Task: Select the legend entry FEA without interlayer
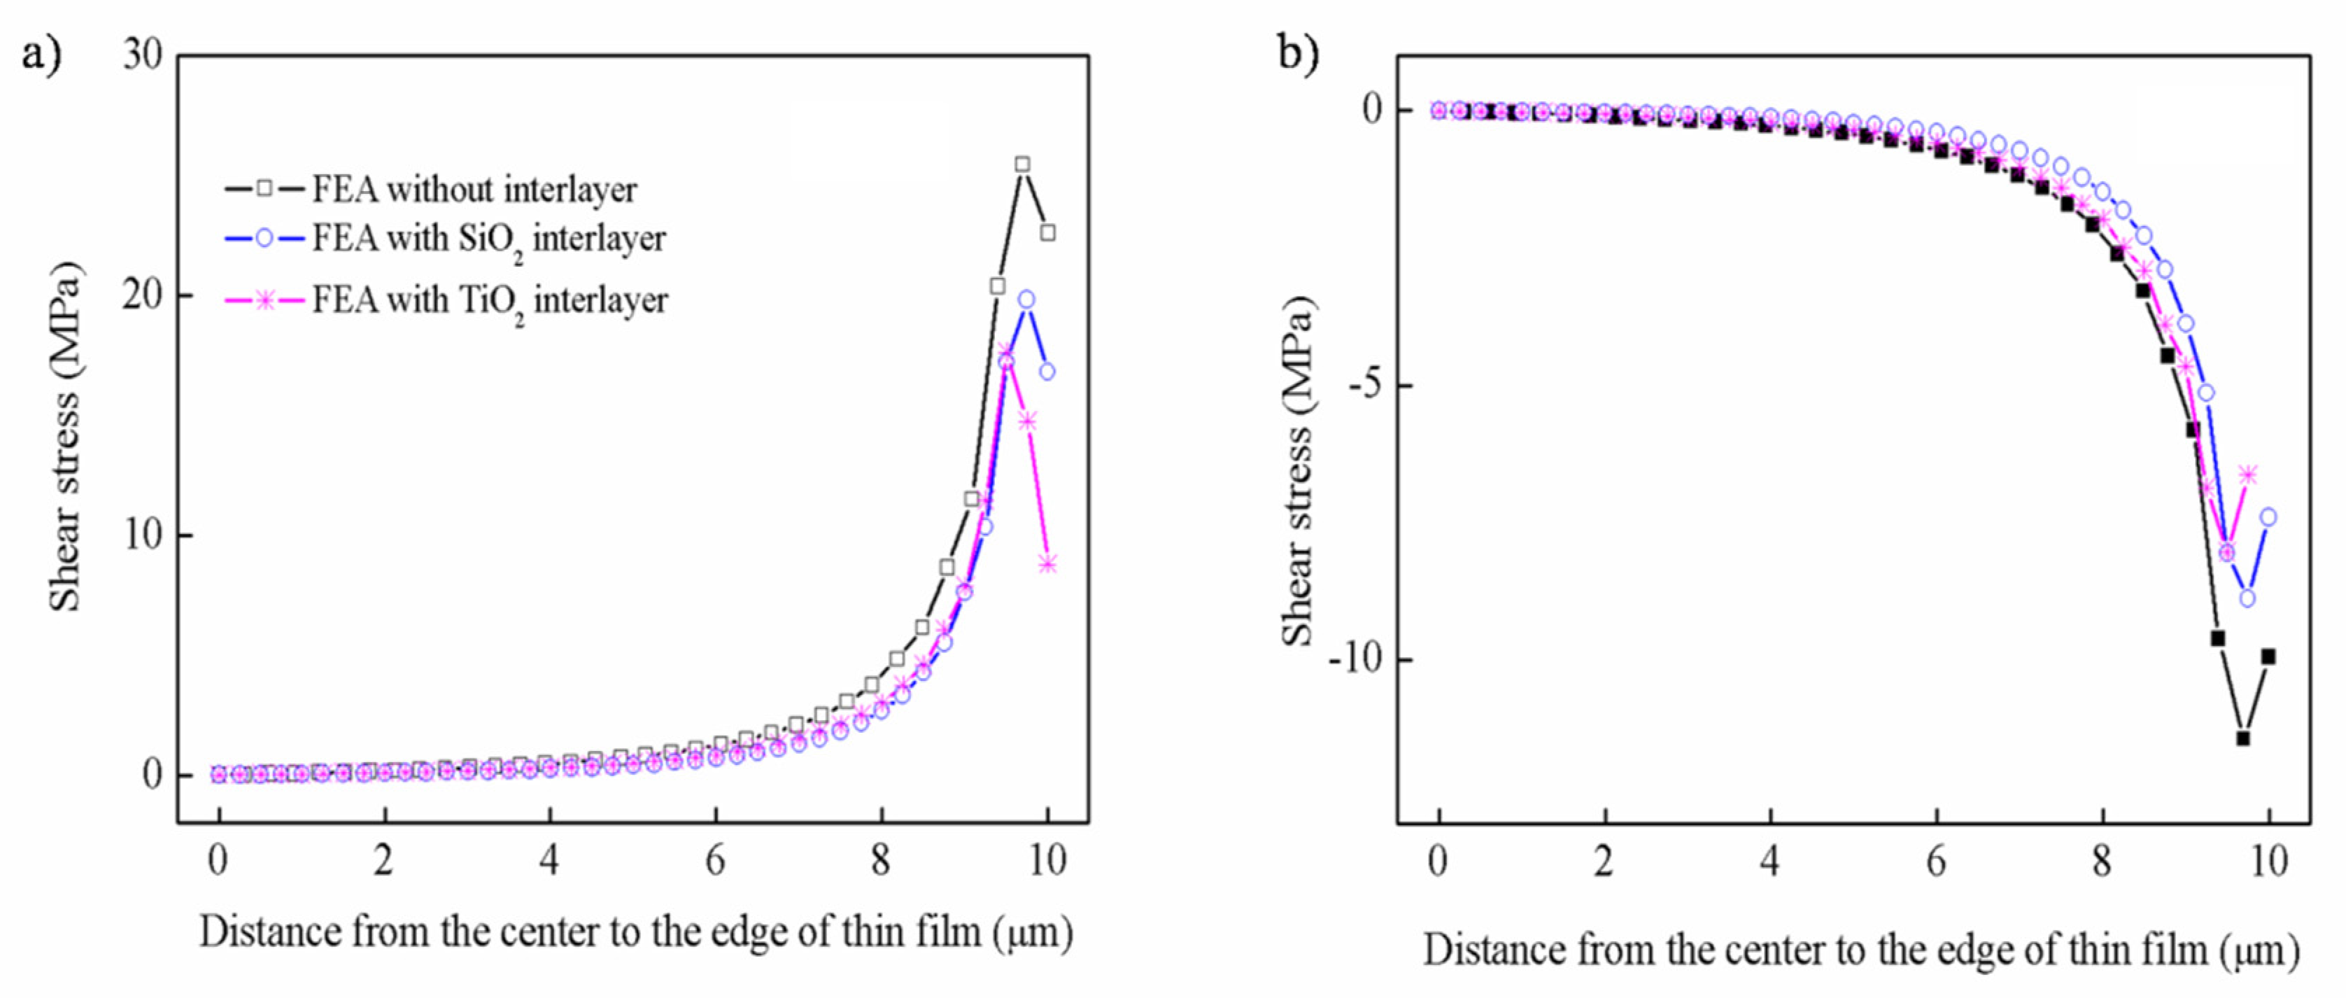coord(474,190)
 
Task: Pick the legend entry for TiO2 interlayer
coord(489,300)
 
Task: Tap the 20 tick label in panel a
coord(142,295)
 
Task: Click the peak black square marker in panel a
coord(1023,164)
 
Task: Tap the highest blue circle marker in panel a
coord(1026,299)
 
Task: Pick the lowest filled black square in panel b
coord(2243,738)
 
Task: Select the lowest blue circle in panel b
coord(2247,598)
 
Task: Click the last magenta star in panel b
coord(2249,474)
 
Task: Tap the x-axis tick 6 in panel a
coord(715,859)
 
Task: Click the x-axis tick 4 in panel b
coord(1769,859)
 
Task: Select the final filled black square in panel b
coord(2268,656)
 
